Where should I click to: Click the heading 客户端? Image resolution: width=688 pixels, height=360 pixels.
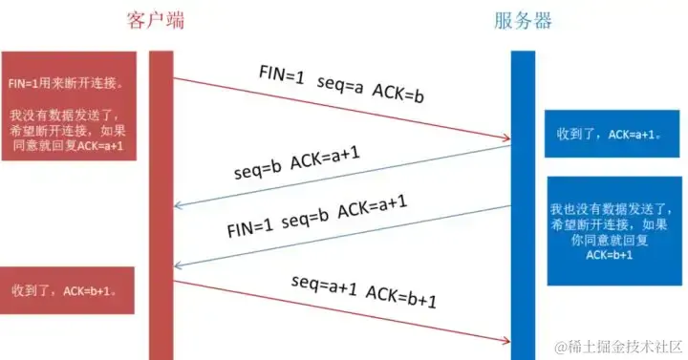click(x=160, y=20)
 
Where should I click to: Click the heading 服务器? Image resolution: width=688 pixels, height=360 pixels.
click(x=523, y=20)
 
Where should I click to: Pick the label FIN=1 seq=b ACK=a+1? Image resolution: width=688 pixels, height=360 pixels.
click(x=317, y=216)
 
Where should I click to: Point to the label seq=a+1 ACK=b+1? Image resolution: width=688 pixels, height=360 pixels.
click(x=364, y=289)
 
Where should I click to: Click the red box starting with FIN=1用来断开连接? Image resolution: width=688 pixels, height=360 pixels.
click(x=68, y=105)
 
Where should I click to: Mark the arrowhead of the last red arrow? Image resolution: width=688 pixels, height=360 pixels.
click(x=506, y=339)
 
